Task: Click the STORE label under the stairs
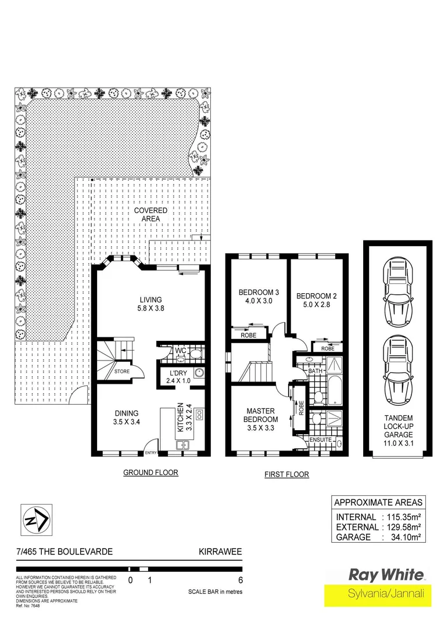[121, 372]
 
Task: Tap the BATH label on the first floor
[314, 370]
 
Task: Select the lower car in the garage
[397, 366]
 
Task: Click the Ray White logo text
[385, 575]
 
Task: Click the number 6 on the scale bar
[240, 580]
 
